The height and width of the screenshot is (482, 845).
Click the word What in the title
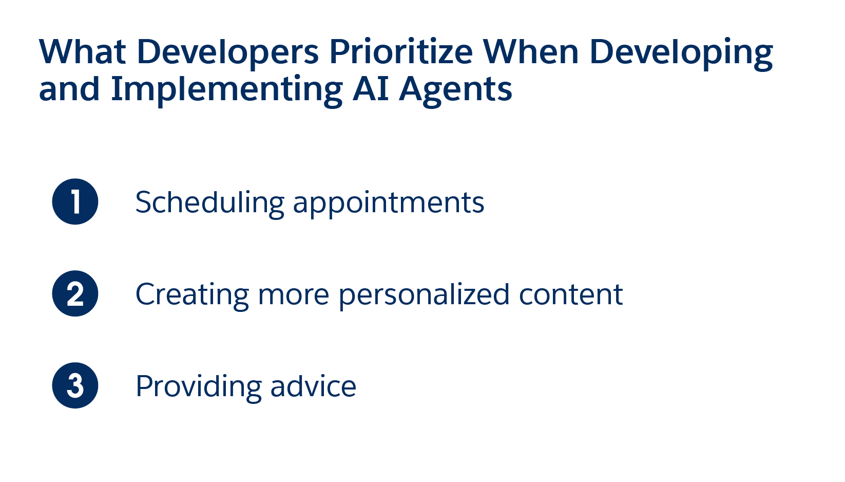(x=82, y=52)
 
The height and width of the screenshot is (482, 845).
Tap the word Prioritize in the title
(x=401, y=52)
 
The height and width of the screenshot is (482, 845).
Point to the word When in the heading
(x=531, y=52)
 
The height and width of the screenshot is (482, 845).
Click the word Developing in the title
(x=681, y=53)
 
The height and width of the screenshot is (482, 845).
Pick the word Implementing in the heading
(x=227, y=90)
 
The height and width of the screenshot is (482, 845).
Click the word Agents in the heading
(x=456, y=90)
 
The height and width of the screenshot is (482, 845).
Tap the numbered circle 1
(x=75, y=201)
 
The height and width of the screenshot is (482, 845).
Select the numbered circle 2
(x=75, y=293)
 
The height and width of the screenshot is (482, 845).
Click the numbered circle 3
(x=75, y=385)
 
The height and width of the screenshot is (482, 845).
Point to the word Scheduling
(x=210, y=204)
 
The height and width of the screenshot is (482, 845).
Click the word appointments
(x=389, y=204)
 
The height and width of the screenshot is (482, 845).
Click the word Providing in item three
(x=199, y=388)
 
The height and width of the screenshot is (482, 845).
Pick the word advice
(x=314, y=386)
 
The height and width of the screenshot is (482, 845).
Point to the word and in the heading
(x=69, y=89)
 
